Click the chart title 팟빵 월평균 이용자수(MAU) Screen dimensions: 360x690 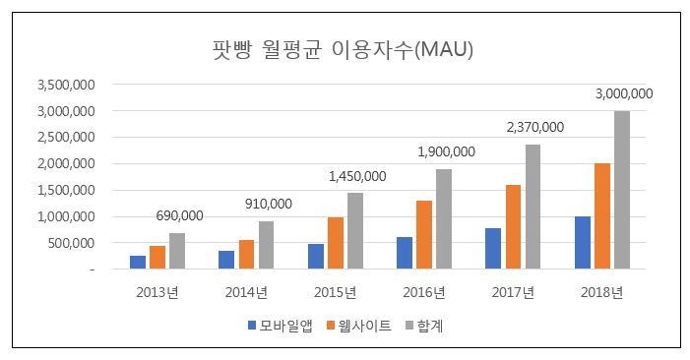pyautogui.click(x=344, y=49)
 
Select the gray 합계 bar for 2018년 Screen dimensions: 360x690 pyautogui.click(x=621, y=190)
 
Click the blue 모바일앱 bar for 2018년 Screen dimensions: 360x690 pyautogui.click(x=582, y=242)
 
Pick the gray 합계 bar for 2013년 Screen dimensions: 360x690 pyautogui.click(x=176, y=251)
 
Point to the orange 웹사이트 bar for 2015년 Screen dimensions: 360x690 pyautogui.click(x=335, y=243)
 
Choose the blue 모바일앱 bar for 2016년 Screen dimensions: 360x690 pyautogui.click(x=405, y=253)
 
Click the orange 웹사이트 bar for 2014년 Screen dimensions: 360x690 pyautogui.click(x=246, y=254)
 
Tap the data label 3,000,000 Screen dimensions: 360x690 pyautogui.click(x=624, y=94)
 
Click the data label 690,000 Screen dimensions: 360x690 pyautogui.click(x=179, y=215)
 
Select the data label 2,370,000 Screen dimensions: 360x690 pyautogui.click(x=534, y=127)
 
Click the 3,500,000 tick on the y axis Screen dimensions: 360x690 pyautogui.click(x=65, y=86)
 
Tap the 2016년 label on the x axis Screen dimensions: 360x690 pyautogui.click(x=423, y=291)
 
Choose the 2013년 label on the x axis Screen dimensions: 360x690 pyautogui.click(x=157, y=291)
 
